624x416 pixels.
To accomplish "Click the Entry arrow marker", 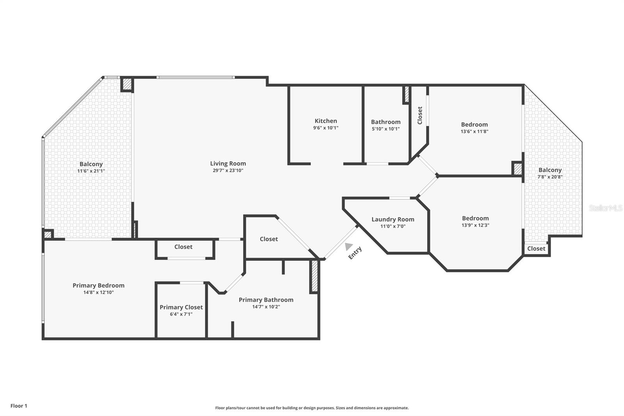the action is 348,247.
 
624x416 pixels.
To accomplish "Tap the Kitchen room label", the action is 326,121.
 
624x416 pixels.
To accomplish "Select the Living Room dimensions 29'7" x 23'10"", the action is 228,171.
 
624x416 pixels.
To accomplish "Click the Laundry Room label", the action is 393,219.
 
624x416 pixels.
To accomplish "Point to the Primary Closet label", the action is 181,307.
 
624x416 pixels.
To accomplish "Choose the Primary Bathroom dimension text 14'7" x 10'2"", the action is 266,307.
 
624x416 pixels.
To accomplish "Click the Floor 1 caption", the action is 19,406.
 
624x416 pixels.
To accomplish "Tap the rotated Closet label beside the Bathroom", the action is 420,115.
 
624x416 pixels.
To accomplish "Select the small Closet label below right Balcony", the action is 536,249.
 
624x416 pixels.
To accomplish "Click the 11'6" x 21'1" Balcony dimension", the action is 91,171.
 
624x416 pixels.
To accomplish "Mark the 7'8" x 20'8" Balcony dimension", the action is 550,177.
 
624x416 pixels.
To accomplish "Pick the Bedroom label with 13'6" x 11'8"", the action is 474,124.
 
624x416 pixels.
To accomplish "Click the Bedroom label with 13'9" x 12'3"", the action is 475,218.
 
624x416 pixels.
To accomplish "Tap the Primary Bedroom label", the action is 98,286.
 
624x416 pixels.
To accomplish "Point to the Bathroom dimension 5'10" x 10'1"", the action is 386,129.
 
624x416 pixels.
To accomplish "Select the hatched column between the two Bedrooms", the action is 518,169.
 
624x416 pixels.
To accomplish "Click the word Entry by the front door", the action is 355,253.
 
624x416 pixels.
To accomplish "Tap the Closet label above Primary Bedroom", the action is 183,247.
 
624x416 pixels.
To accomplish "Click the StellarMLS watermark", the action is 606,208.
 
